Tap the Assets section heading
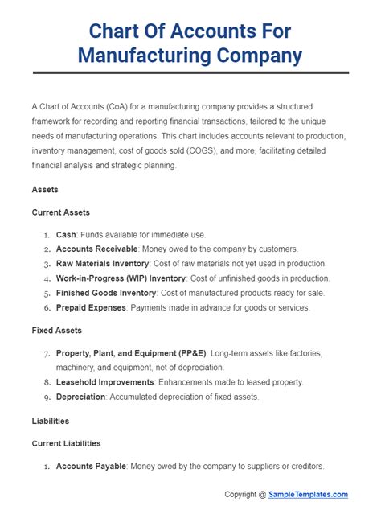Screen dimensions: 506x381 [x=46, y=190]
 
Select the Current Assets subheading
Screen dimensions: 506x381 [x=60, y=212]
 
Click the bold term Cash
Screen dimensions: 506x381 [x=66, y=234]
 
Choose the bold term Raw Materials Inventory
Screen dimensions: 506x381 [x=102, y=263]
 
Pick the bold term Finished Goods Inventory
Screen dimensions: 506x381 [x=104, y=292]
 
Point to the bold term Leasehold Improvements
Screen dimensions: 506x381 [x=104, y=381]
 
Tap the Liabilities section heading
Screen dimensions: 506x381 [x=50, y=420]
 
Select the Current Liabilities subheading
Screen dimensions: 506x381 [x=66, y=442]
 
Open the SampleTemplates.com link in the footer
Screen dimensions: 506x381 [x=309, y=494]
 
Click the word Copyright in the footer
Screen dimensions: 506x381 [x=244, y=494]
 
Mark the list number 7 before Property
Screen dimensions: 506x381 [x=47, y=352]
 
